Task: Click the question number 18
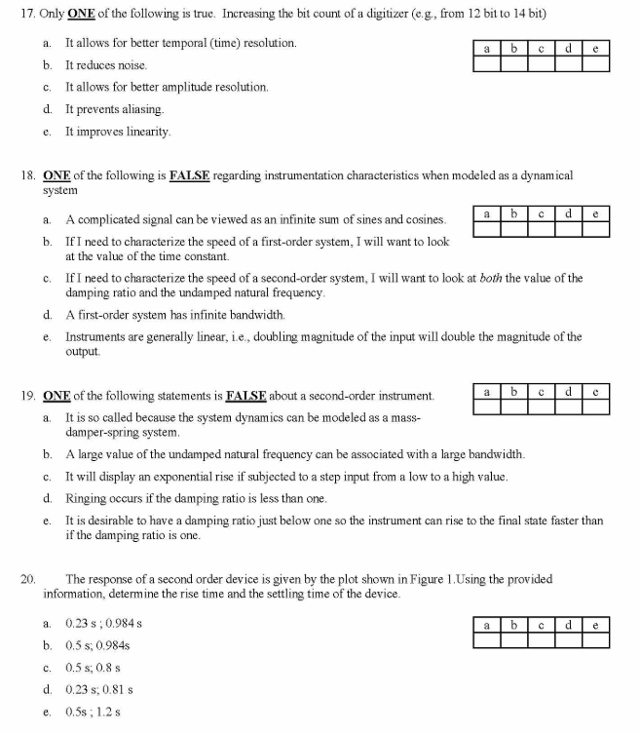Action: click(x=27, y=175)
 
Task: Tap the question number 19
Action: click(x=27, y=397)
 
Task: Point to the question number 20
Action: click(x=27, y=578)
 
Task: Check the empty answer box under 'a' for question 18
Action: click(x=485, y=230)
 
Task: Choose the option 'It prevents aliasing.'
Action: click(x=114, y=109)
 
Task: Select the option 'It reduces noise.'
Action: click(x=106, y=65)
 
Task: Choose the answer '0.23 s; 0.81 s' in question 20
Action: click(x=98, y=689)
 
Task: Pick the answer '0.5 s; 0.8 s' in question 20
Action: click(x=94, y=668)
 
